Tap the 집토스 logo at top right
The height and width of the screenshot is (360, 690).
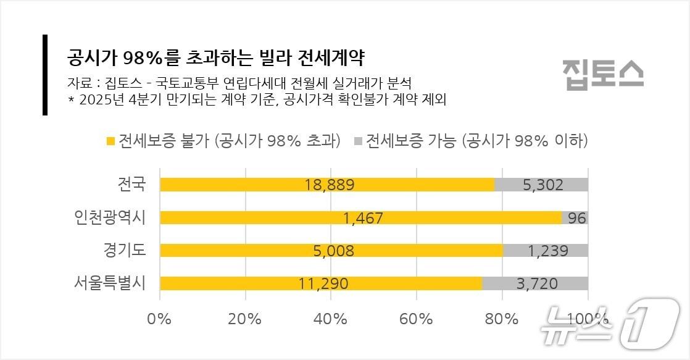[602, 74]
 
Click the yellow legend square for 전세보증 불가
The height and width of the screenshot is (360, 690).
[111, 141]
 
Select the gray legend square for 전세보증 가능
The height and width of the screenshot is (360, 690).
[358, 141]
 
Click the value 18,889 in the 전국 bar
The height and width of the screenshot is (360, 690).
[330, 185]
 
